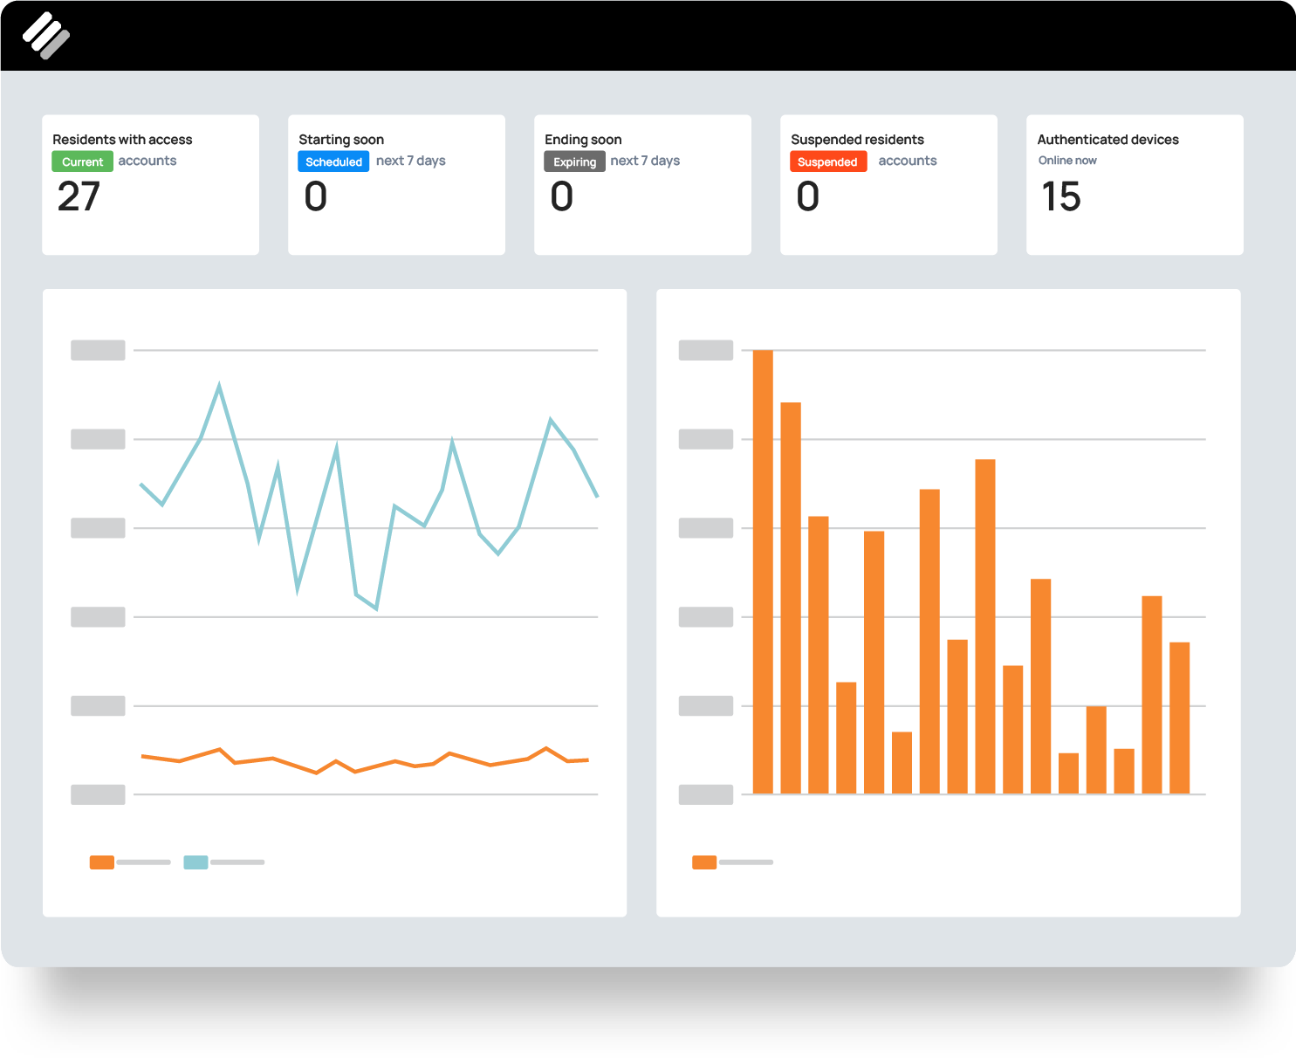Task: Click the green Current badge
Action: tap(82, 161)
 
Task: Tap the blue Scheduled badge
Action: tap(333, 161)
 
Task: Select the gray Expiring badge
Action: tap(574, 161)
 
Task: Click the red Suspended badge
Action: tap(827, 161)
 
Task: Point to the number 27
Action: tap(79, 196)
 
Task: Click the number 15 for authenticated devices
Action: tap(1060, 196)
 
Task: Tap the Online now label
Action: tap(1066, 161)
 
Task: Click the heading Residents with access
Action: tap(122, 140)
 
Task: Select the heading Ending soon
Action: tap(583, 140)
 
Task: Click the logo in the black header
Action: tap(45, 36)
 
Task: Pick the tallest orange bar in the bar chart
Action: tap(763, 572)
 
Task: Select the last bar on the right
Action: tap(1179, 718)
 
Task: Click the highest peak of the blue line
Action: tap(219, 386)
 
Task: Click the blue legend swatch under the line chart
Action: tap(195, 862)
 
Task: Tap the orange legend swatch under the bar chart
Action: tap(704, 862)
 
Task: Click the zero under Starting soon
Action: tap(316, 196)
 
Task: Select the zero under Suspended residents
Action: tap(808, 196)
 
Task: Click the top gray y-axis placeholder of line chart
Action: tap(98, 350)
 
